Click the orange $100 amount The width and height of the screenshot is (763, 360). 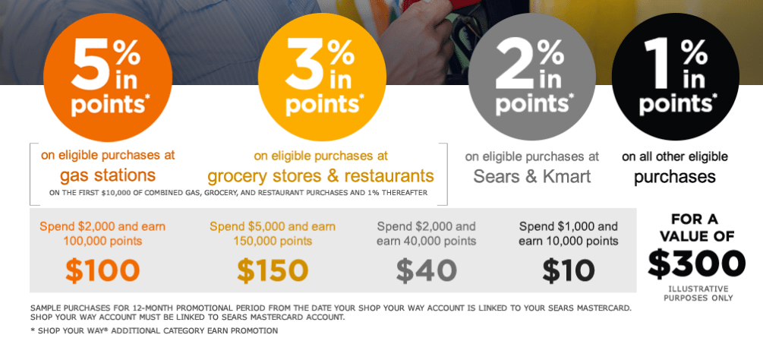point(102,270)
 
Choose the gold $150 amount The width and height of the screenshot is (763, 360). point(273,270)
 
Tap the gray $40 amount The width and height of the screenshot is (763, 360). point(426,270)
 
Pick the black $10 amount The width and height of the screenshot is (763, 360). point(569,270)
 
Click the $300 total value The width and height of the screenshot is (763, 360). point(696,264)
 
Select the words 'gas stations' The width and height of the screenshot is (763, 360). point(108,175)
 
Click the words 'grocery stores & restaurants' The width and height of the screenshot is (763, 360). point(320,175)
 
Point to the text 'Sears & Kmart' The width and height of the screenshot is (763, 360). point(532,175)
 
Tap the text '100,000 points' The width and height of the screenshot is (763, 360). point(102,241)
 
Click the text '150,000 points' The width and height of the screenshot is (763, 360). point(273,241)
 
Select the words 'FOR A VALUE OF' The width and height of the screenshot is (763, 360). point(696,228)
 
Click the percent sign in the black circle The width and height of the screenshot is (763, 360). point(693,52)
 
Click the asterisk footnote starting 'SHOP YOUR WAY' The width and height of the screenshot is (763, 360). point(154,331)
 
